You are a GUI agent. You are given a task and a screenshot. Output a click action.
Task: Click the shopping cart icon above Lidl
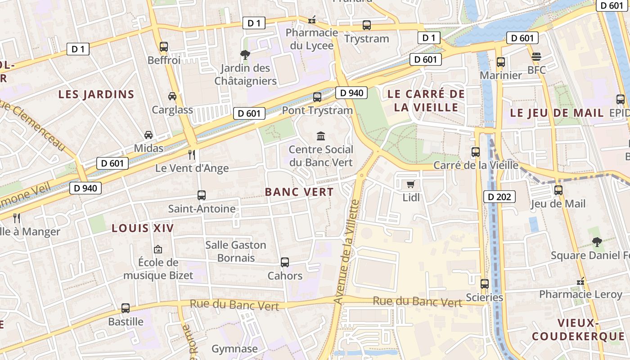tap(410, 184)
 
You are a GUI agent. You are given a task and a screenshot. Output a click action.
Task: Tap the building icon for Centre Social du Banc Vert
tap(321, 136)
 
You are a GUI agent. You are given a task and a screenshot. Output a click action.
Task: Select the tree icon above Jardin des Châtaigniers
tap(245, 55)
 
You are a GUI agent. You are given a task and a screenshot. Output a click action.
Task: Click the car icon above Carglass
tap(172, 96)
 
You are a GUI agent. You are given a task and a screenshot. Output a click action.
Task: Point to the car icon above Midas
tap(148, 135)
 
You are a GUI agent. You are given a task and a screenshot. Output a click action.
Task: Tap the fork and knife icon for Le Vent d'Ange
tap(192, 155)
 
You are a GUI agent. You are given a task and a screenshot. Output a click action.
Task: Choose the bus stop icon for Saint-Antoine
tap(202, 195)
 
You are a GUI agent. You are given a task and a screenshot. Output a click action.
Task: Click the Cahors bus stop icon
tap(285, 262)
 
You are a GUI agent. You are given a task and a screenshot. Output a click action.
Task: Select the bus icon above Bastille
tap(126, 308)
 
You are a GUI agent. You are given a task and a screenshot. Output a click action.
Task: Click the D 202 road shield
tap(499, 197)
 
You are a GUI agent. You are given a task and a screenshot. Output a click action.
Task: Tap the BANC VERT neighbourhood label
tap(299, 192)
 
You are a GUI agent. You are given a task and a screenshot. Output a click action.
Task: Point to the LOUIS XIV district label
tap(143, 228)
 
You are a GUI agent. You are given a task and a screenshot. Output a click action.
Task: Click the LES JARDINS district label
tap(97, 94)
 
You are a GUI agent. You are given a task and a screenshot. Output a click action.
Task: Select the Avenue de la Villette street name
tap(347, 252)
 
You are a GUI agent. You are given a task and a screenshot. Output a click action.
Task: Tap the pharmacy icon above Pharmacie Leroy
tap(581, 281)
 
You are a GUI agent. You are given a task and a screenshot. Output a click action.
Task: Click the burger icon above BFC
tap(536, 57)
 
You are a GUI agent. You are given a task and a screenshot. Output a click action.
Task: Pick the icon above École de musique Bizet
tap(158, 249)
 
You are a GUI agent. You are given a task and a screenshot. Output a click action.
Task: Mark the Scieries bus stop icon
tap(485, 284)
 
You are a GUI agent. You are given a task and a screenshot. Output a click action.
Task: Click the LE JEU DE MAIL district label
tap(557, 113)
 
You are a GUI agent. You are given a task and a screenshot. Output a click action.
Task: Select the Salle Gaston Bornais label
tap(236, 252)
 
